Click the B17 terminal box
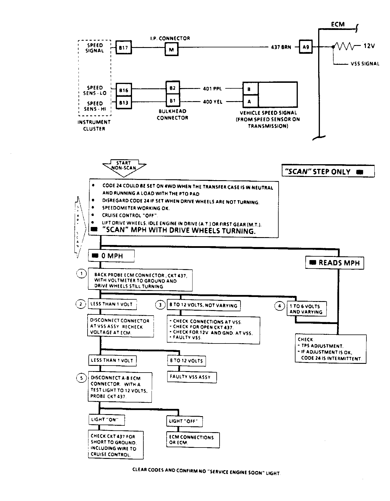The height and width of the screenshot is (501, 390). click(x=123, y=47)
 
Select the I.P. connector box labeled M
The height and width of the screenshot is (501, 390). click(x=171, y=49)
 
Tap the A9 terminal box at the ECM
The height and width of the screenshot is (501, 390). click(x=306, y=46)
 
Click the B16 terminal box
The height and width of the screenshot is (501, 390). click(x=124, y=90)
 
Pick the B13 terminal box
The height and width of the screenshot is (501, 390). click(x=124, y=103)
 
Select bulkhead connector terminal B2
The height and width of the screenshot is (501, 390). click(x=173, y=88)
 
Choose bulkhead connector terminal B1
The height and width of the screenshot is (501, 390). click(x=173, y=101)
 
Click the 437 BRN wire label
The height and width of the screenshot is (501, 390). click(x=281, y=47)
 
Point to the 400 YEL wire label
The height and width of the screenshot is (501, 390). click(x=213, y=102)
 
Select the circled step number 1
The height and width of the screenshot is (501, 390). click(x=81, y=273)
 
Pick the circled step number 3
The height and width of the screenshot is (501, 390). click(x=160, y=305)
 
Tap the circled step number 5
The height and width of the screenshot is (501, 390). click(x=81, y=378)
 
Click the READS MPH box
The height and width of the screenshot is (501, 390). click(x=334, y=263)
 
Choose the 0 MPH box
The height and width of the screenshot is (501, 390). click(x=111, y=256)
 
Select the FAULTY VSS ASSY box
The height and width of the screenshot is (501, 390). click(x=192, y=377)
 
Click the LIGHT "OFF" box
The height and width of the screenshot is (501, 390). click(x=184, y=421)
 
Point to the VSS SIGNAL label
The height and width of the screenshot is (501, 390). click(x=365, y=64)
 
